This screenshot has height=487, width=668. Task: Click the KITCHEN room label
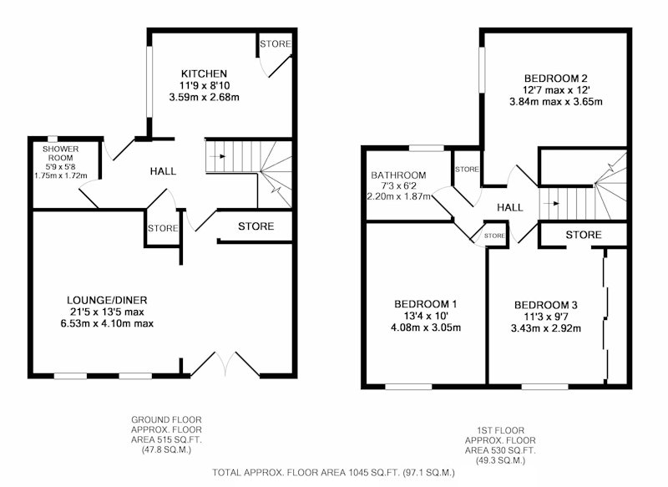[204, 74]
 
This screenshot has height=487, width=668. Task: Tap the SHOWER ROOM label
[60, 153]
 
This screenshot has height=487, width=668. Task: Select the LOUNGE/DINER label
[107, 300]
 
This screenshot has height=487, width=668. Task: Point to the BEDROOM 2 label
[555, 79]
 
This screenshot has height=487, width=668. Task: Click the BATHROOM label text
[398, 175]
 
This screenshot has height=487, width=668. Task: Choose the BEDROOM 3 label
[546, 305]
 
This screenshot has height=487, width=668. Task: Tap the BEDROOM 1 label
[426, 304]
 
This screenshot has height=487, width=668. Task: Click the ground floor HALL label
[163, 171]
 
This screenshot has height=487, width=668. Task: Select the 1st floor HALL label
[510, 207]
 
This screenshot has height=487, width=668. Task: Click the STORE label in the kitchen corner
[276, 44]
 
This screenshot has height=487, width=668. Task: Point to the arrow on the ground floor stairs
[220, 156]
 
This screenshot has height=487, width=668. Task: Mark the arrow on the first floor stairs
[554, 204]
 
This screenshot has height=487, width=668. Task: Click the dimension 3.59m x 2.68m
[204, 97]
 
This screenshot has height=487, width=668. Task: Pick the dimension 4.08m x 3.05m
[426, 327]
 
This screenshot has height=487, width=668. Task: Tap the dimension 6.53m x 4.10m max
[107, 323]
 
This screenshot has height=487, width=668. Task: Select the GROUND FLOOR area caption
[166, 434]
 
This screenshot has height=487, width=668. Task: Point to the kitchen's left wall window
[149, 81]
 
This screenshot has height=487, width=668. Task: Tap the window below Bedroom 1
[408, 387]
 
